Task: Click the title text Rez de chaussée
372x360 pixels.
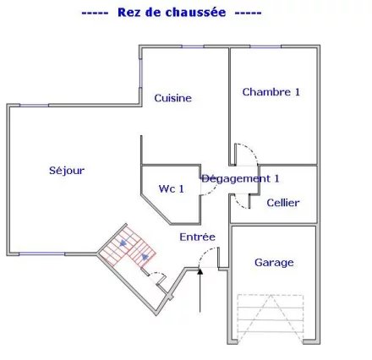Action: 172,13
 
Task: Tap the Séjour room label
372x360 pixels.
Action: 67,171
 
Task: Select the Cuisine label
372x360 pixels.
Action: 172,98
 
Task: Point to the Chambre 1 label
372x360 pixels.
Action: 271,92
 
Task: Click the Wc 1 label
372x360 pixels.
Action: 172,188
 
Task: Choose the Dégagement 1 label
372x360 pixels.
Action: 240,178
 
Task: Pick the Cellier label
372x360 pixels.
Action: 283,203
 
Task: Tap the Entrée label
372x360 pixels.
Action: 197,237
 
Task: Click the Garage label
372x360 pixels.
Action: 274,263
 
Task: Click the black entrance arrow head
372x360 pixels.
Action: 200,271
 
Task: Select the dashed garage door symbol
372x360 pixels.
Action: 271,319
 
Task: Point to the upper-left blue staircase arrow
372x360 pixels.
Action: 123,243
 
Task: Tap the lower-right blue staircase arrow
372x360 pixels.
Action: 145,257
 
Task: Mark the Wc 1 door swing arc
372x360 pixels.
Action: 211,191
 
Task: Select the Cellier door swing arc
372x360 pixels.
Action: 238,204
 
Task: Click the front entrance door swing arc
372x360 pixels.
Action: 205,253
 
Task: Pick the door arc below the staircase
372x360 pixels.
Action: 159,274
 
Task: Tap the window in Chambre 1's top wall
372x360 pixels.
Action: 265,46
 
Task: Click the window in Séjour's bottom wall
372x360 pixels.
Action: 41,254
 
